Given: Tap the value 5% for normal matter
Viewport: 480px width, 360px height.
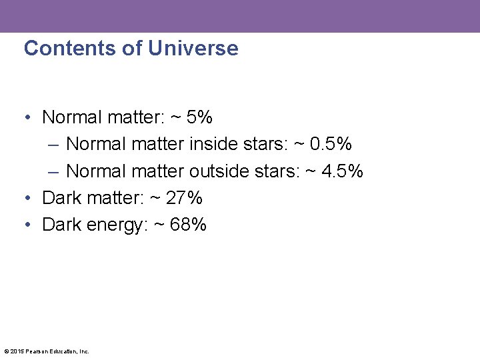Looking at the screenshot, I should (x=199, y=117).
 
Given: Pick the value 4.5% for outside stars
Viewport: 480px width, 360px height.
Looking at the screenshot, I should (x=342, y=171).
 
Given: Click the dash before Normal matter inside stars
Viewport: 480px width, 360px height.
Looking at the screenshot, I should (x=54, y=145).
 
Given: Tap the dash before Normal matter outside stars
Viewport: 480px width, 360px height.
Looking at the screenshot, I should (x=54, y=172).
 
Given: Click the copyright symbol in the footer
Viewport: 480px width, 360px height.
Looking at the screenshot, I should (x=6, y=351).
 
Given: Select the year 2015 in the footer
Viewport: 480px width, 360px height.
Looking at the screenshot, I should (x=17, y=351).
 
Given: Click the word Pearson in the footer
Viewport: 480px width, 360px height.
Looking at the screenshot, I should (x=37, y=351).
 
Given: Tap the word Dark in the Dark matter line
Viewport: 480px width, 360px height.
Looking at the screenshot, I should (x=62, y=198).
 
